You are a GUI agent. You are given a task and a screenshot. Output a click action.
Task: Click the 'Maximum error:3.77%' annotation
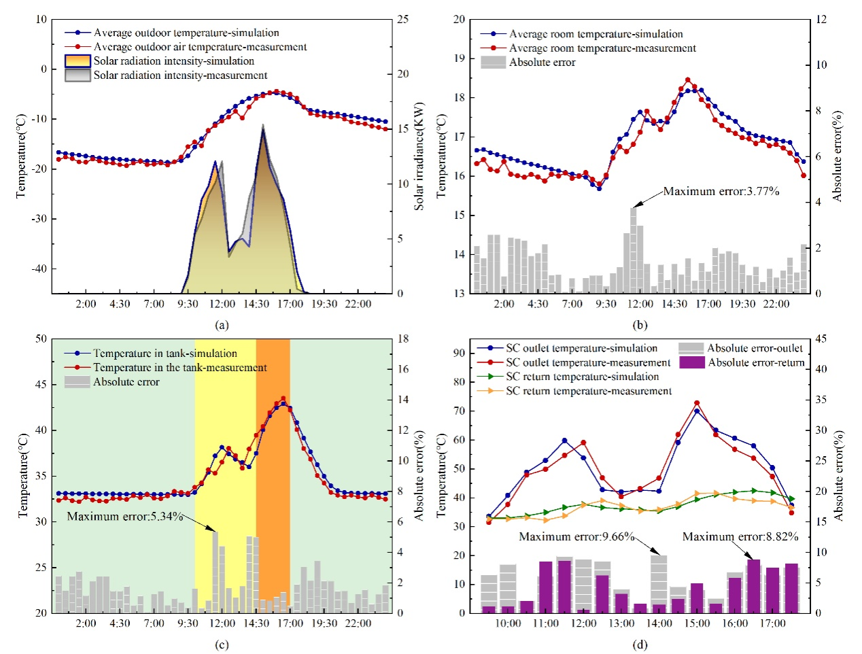pyautogui.click(x=721, y=192)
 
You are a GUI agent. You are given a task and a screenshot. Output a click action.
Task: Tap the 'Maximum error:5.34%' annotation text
pyautogui.click(x=125, y=517)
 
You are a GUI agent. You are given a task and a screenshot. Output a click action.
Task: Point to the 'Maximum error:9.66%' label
pyautogui.click(x=576, y=537)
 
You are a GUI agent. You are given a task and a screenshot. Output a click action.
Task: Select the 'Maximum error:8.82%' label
pyautogui.click(x=740, y=537)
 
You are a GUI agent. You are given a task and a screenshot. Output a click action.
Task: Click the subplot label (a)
pyautogui.click(x=222, y=325)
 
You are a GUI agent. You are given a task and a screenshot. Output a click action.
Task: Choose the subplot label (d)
pyautogui.click(x=640, y=644)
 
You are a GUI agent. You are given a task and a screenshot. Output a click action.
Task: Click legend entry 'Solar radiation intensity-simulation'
pyautogui.click(x=173, y=61)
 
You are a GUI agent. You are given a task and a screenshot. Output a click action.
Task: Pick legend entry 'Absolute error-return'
pyautogui.click(x=756, y=363)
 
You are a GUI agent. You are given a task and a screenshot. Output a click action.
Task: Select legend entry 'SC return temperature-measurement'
pyautogui.click(x=589, y=391)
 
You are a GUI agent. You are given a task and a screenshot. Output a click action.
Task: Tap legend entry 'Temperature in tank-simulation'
pyautogui.click(x=165, y=354)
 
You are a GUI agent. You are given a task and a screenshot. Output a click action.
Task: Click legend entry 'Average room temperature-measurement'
pyautogui.click(x=602, y=48)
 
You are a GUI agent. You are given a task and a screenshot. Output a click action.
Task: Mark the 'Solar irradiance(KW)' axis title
pyautogui.click(x=419, y=156)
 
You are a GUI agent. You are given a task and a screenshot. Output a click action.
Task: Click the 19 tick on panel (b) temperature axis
pyautogui.click(x=460, y=58)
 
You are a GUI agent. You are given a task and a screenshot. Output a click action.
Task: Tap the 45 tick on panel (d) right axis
pyautogui.click(x=821, y=339)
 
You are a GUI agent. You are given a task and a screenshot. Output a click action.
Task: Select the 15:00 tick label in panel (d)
pyautogui.click(x=697, y=623)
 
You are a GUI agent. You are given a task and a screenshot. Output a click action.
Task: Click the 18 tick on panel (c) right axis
pyautogui.click(x=403, y=339)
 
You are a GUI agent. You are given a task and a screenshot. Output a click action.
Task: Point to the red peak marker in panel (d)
pyautogui.click(x=697, y=403)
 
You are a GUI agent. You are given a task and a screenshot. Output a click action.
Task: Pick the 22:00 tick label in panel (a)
pyautogui.click(x=358, y=304)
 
